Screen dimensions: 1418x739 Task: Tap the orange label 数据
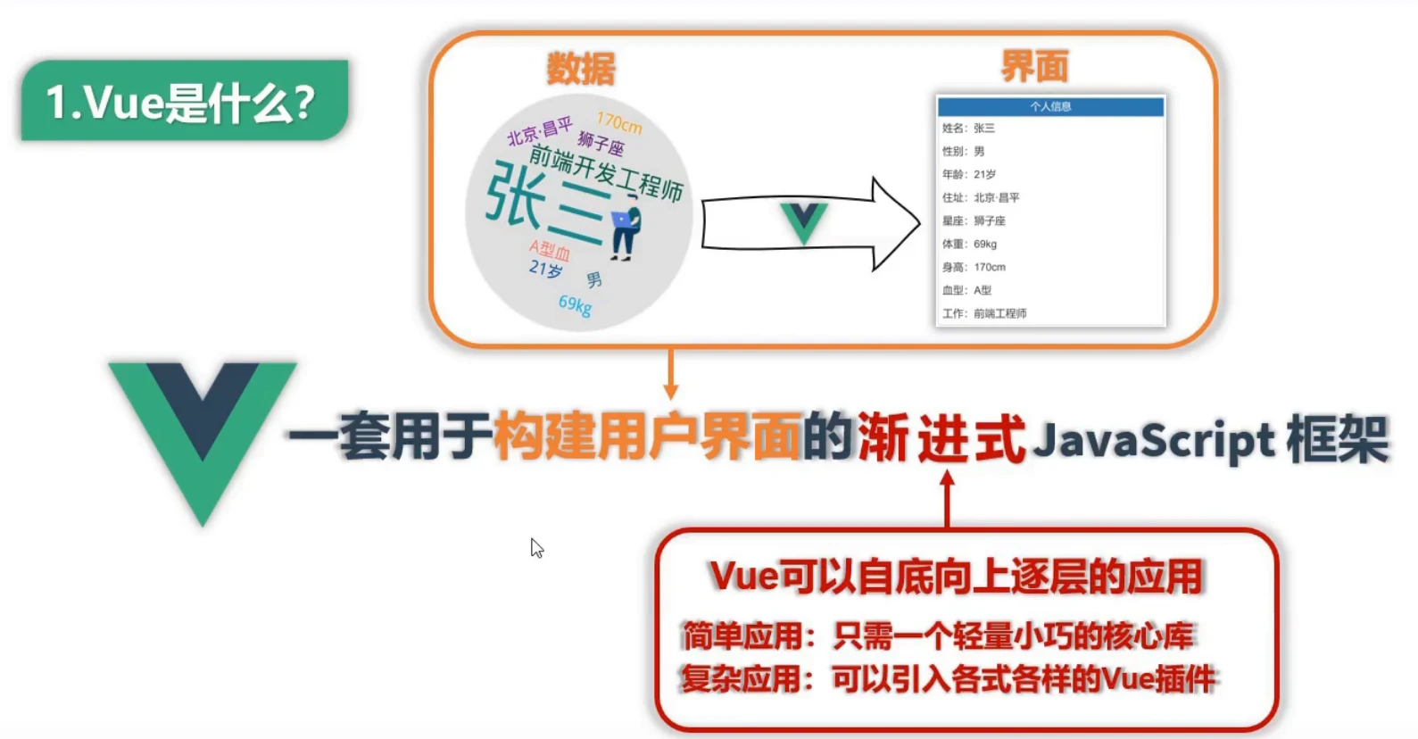[x=580, y=69]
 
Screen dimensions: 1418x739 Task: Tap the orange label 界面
[x=1034, y=66]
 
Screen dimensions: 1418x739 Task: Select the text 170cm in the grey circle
[x=619, y=123]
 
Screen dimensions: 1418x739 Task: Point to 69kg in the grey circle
[x=575, y=304]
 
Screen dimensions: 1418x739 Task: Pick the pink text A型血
[x=550, y=250]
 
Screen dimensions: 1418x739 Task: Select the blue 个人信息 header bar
[x=1050, y=106]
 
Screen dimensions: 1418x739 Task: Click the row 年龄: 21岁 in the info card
[x=968, y=174]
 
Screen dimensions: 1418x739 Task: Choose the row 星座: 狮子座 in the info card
[x=974, y=220]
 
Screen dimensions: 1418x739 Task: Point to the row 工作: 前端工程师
[x=984, y=313]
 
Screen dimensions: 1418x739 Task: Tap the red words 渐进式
[x=941, y=438]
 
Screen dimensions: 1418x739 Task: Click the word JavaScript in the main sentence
[x=1153, y=439]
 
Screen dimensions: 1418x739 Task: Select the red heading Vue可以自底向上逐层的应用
[x=956, y=577]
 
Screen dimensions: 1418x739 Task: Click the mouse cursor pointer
[x=537, y=548]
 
